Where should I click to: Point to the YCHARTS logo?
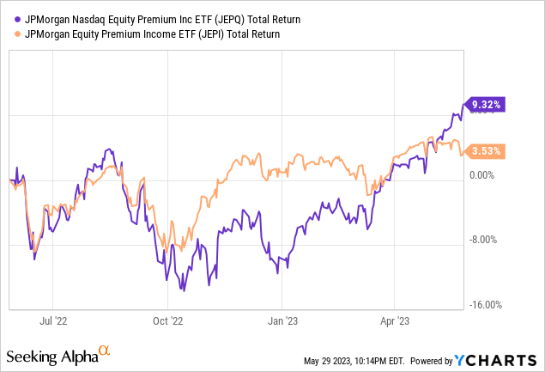504,359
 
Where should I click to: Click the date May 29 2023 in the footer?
333,360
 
